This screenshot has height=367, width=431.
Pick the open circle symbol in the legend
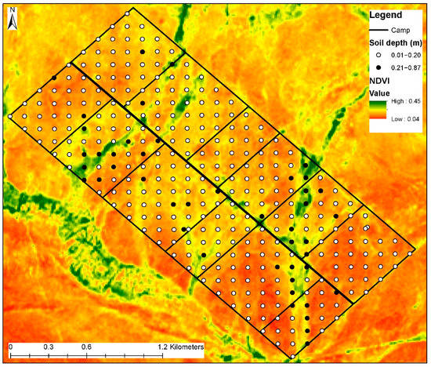[x=378, y=56]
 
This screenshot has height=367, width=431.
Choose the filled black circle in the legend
[x=378, y=69]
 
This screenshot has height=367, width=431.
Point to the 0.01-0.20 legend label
[x=404, y=56]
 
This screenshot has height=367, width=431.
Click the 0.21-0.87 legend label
[x=404, y=69]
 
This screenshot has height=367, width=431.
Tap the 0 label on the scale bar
[x=10, y=346]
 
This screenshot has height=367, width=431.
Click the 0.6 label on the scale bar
[x=85, y=346]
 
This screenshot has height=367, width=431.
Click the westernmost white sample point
[x=10, y=116]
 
